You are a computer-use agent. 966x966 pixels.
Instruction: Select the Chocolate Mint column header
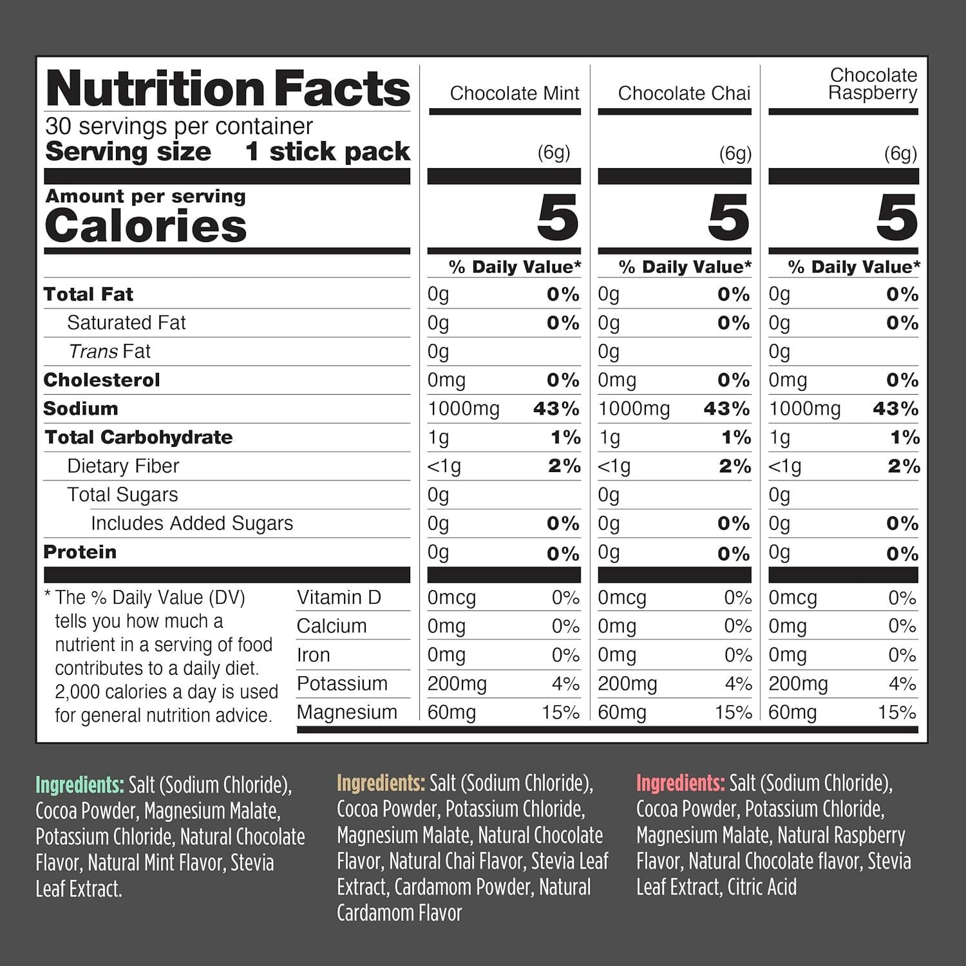tap(515, 93)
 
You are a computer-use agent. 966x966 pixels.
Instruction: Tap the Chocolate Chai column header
tap(684, 93)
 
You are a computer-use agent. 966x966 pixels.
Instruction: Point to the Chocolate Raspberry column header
tap(873, 84)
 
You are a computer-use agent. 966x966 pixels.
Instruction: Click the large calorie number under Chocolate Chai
tap(728, 218)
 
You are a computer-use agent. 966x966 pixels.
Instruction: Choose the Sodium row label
tap(80, 408)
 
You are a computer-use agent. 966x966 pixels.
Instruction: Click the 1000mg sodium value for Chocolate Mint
tap(463, 409)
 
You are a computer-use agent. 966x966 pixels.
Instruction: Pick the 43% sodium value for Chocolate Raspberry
tap(895, 409)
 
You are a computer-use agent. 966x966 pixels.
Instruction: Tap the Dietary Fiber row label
tap(123, 466)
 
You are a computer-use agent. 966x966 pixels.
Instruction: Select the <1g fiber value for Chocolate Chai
tap(614, 466)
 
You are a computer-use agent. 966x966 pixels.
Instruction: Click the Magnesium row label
tap(346, 712)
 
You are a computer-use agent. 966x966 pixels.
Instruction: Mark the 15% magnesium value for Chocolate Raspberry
tap(896, 712)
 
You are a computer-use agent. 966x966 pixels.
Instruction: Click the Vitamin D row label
tap(339, 598)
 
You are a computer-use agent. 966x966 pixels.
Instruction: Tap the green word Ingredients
tap(79, 785)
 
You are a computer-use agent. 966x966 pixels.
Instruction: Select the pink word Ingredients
tap(680, 783)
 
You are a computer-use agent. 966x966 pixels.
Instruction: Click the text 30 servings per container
tap(179, 126)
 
